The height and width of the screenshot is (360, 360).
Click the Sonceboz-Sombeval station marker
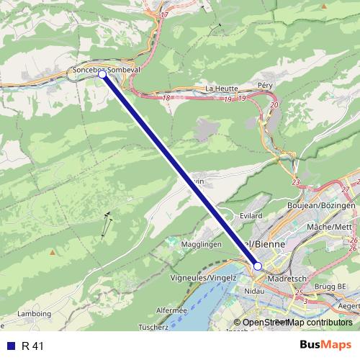point(102,73)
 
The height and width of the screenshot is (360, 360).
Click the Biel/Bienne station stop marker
point(258,266)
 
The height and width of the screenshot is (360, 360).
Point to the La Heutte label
point(220,89)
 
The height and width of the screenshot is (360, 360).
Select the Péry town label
point(266,85)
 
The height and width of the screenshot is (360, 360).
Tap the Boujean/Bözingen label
point(330,206)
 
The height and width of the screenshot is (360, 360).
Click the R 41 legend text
point(33,346)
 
